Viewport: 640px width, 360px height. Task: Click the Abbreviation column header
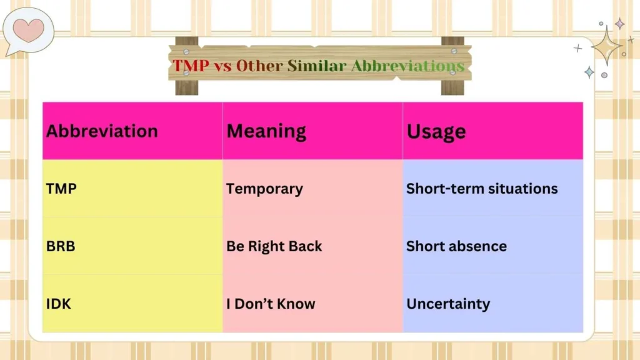[102, 131]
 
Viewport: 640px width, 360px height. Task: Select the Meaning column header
[266, 131]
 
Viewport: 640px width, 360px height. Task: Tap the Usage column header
[436, 132]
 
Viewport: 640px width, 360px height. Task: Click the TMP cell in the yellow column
[61, 189]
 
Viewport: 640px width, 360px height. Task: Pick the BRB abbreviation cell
[61, 246]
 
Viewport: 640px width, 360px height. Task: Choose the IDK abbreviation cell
[59, 304]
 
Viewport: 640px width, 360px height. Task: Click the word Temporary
[264, 189]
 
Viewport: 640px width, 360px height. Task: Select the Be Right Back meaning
[274, 246]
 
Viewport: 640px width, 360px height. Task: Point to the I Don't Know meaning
[271, 304]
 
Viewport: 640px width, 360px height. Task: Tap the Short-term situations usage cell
[482, 189]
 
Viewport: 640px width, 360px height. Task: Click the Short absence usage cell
[456, 246]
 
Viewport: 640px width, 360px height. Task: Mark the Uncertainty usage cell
[448, 304]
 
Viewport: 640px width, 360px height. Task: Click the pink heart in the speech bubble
[28, 29]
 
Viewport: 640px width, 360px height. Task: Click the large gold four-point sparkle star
[606, 46]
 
